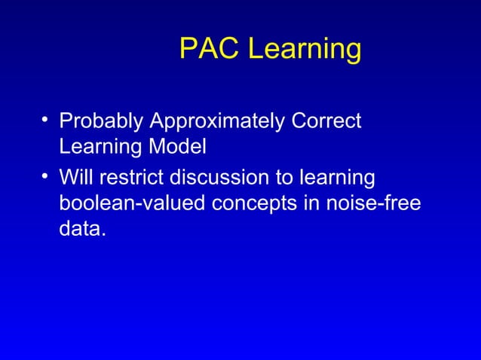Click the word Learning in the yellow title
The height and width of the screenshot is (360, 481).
(305, 50)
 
